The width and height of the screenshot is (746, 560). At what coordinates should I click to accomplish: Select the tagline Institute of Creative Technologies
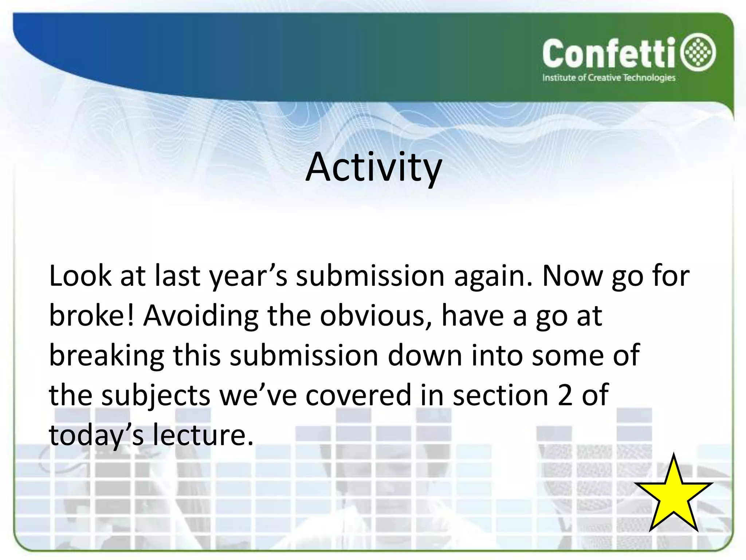click(609, 78)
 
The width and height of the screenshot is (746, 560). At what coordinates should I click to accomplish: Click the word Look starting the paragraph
click(80, 276)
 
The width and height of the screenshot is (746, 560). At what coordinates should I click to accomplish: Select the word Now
click(572, 276)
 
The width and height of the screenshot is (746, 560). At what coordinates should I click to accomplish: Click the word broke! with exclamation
click(92, 316)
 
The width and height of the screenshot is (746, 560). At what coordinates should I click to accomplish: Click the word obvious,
click(376, 316)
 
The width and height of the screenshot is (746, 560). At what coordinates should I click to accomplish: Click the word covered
click(358, 396)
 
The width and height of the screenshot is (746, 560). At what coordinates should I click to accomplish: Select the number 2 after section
click(565, 396)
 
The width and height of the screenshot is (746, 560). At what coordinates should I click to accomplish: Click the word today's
click(96, 436)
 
